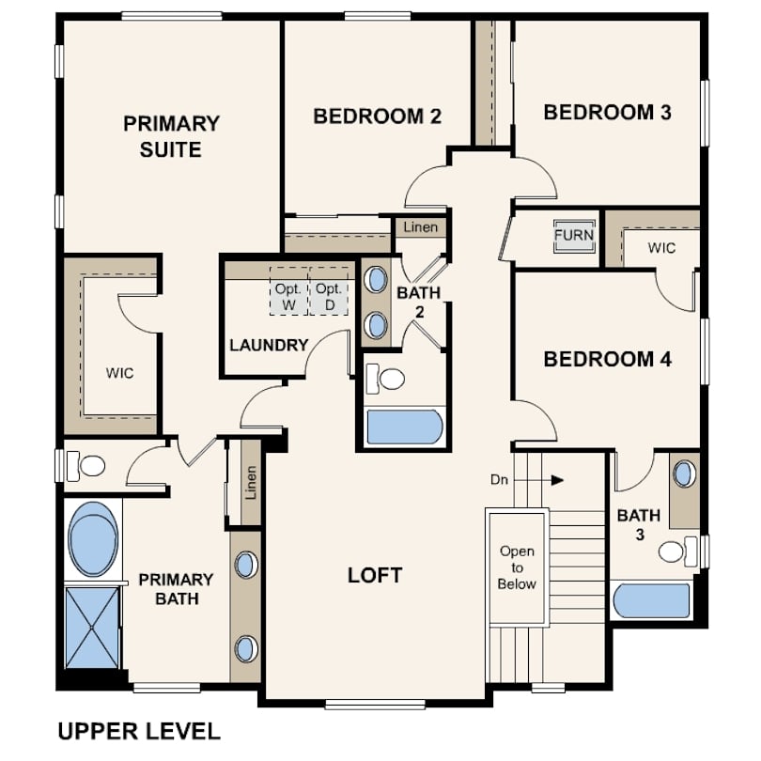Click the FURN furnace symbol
pos(574,236)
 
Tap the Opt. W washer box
pos(288,290)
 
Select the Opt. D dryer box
pos(329,290)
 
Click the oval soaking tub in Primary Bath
pos(93,538)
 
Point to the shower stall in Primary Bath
pos(92,628)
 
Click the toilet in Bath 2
pos(385,379)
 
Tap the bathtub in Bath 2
pos(405,427)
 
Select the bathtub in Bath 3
pos(652,601)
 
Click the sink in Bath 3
pos(684,474)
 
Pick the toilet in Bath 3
pos(678,551)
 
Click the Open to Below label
pos(517,567)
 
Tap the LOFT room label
pos(375,576)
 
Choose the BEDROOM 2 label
pos(377,116)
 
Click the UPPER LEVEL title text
pos(139,731)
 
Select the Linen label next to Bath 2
pos(420,227)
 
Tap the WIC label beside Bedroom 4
pos(661,248)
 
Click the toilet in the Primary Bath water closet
pos(85,466)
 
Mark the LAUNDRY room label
pos(269,345)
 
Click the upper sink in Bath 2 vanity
pos(376,280)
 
